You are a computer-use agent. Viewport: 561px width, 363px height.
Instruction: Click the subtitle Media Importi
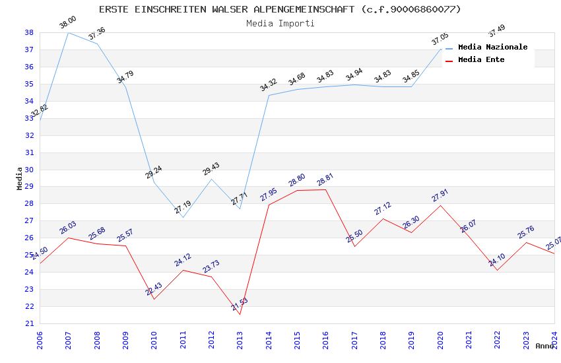(280, 23)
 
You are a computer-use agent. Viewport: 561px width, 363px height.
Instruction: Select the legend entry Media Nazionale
(492, 47)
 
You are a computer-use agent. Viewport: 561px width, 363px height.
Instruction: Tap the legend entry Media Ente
(481, 59)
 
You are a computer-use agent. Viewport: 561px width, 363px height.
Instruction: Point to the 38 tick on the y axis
(30, 32)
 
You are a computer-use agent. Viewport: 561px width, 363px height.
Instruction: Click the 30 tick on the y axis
(30, 170)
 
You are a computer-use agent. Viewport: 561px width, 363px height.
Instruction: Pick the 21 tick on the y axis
(30, 323)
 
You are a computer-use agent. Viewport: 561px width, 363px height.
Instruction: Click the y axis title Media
(20, 178)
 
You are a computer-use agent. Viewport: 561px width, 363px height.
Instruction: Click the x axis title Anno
(544, 346)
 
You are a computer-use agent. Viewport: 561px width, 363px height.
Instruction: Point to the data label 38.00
(67, 22)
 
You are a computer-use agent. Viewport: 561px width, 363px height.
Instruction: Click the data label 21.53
(240, 304)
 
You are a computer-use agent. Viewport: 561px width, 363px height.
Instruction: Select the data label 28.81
(325, 180)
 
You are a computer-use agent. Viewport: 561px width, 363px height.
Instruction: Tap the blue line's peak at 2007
(69, 32)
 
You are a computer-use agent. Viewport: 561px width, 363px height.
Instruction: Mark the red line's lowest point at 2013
(240, 314)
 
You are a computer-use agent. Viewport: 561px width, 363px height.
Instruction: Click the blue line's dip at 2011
(183, 217)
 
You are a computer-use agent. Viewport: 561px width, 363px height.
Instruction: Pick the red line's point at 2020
(440, 205)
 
